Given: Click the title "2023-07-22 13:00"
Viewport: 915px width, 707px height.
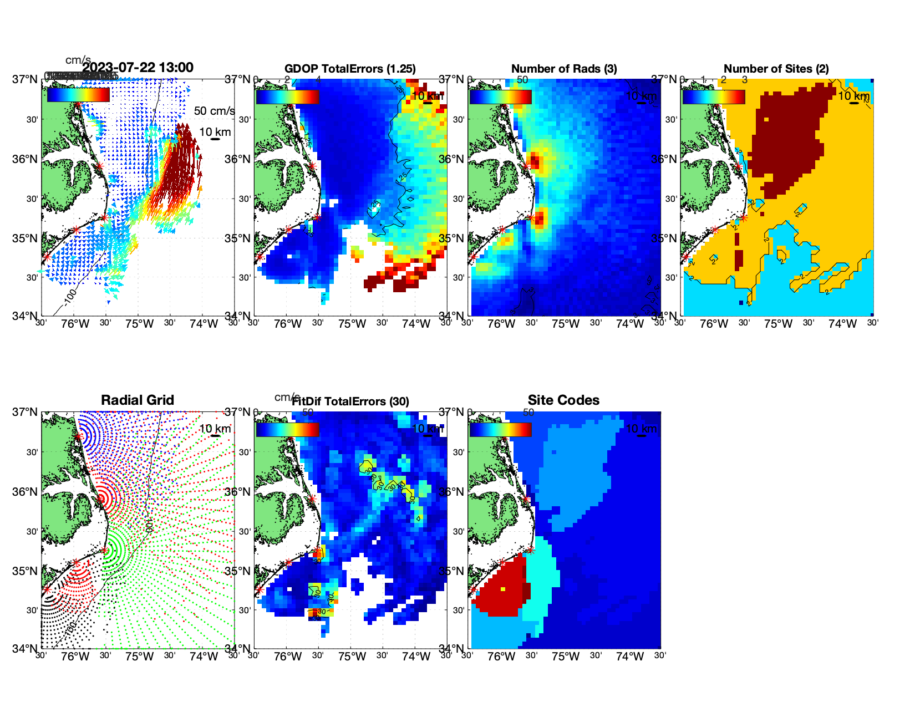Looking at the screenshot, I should click(x=138, y=68).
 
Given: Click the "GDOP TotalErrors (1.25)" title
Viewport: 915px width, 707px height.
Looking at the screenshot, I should click(x=350, y=69).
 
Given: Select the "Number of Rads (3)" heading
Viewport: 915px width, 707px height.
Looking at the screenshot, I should click(x=564, y=69).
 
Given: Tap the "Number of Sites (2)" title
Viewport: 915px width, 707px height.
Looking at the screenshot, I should click(x=776, y=69).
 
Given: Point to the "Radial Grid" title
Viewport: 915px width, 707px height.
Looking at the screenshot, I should click(x=138, y=400).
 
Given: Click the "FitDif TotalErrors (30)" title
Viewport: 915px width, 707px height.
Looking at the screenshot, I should click(x=351, y=401).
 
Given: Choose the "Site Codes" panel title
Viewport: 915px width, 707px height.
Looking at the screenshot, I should click(x=563, y=400).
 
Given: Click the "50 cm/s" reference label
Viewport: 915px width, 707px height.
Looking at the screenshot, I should click(x=214, y=111).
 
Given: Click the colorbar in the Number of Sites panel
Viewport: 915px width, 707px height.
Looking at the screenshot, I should click(x=714, y=96).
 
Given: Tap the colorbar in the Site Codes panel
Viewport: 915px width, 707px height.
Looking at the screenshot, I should click(x=501, y=429).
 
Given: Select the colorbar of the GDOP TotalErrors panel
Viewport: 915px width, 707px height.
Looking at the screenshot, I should click(x=287, y=96).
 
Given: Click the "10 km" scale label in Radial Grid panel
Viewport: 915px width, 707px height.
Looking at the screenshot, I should click(x=215, y=429).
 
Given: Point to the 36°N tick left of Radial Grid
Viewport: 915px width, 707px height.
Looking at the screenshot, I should click(x=26, y=492).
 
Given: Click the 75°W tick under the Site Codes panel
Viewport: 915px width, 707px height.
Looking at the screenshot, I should click(x=566, y=657).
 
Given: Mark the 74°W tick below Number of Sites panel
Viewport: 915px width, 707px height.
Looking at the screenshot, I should click(x=842, y=324).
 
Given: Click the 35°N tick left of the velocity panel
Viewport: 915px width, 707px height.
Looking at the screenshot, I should click(x=26, y=238).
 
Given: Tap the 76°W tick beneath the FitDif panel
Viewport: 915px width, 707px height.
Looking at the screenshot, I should click(x=288, y=657).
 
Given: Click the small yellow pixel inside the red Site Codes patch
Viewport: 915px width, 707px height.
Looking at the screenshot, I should click(x=504, y=589).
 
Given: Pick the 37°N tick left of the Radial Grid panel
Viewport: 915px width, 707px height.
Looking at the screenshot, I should click(x=26, y=412).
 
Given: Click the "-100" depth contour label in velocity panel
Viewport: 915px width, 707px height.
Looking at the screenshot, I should click(x=70, y=297).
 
